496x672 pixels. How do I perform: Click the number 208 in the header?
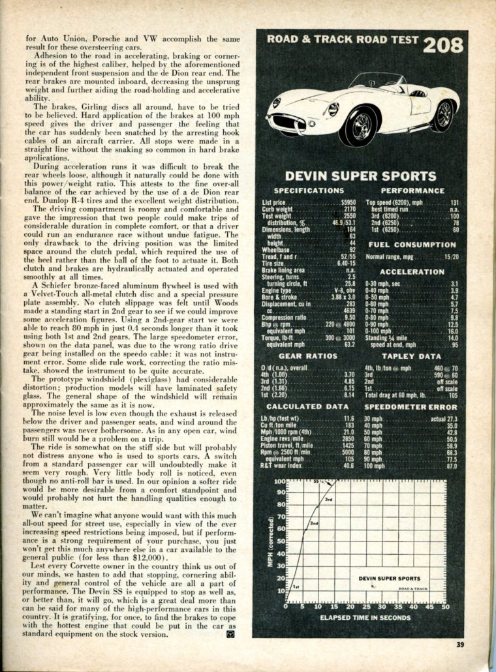coord(442,44)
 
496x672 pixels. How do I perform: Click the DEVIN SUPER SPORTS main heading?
coord(360,176)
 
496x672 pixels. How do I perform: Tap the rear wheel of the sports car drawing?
coord(443,114)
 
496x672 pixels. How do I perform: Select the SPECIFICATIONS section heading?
coord(309,191)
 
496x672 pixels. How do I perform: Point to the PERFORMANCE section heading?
coord(412,191)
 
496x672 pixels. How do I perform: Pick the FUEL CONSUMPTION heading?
coord(412,245)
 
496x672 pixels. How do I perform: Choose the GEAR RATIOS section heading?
coord(308,356)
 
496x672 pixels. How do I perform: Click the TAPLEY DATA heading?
coord(412,356)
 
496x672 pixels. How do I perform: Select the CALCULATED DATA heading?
coord(308,406)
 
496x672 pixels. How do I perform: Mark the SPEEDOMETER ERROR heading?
coord(412,406)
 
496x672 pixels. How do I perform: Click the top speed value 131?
coord(454,203)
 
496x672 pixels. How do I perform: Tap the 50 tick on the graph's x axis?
coord(446,607)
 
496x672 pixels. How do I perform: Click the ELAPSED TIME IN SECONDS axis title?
coord(366,617)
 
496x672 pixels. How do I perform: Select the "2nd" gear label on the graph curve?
coord(314,523)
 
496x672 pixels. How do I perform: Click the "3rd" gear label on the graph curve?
coord(330,499)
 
